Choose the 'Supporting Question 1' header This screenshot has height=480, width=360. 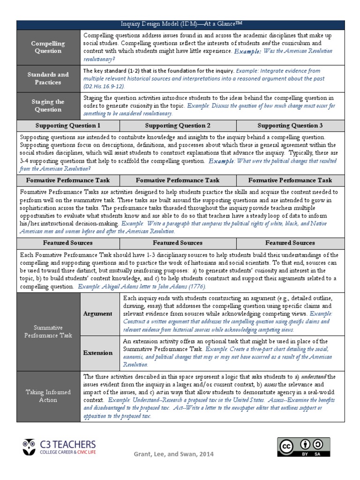pyautogui.click(x=68, y=126)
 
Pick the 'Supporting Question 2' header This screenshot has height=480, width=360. pyautogui.click(x=178, y=126)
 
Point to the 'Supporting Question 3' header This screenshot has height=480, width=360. pyautogui.click(x=290, y=126)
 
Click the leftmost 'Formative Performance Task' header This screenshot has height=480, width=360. pyautogui.click(x=68, y=180)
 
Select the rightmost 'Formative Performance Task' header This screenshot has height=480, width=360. pyautogui.click(x=290, y=180)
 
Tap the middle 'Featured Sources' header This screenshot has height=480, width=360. pyautogui.click(x=178, y=243)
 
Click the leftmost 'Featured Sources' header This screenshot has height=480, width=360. pyautogui.click(x=68, y=243)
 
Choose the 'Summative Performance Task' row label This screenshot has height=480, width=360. pyautogui.click(x=48, y=331)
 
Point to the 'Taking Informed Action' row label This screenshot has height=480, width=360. pyautogui.click(x=48, y=396)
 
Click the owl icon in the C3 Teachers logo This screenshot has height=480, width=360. pyautogui.click(x=29, y=446)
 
